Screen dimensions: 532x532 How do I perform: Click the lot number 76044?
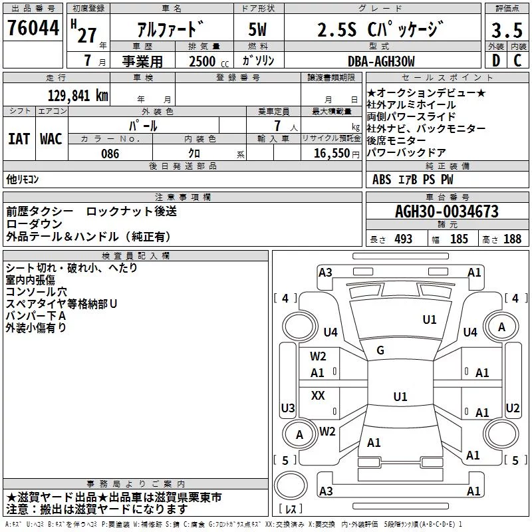(33, 28)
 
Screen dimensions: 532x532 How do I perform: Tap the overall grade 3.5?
(507, 30)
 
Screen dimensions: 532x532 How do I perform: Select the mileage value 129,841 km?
(78, 96)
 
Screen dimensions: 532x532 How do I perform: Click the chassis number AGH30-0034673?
(447, 211)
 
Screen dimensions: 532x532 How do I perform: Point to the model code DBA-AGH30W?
(381, 61)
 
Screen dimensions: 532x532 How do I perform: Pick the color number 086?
(110, 154)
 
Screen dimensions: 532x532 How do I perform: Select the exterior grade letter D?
(496, 61)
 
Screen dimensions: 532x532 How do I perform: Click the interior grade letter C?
(517, 61)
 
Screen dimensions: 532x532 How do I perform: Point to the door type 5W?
(257, 29)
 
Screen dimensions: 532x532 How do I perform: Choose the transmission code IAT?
(19, 139)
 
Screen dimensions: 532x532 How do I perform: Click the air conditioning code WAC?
(51, 139)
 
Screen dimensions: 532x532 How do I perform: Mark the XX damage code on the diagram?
(318, 395)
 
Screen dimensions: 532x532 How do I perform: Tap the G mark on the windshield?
(380, 350)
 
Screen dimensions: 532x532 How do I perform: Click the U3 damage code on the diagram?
(288, 408)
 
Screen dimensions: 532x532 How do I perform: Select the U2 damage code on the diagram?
(512, 408)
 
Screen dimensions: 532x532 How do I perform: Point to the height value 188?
(512, 239)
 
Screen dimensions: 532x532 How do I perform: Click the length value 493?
(403, 239)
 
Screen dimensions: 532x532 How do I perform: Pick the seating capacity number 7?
(277, 126)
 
